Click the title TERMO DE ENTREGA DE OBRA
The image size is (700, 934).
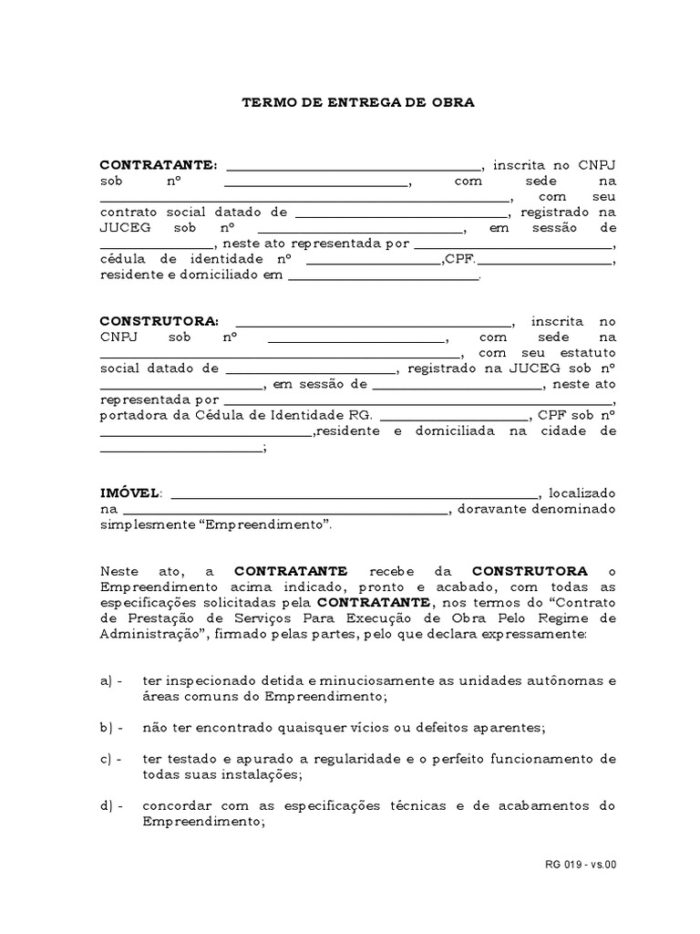(x=357, y=103)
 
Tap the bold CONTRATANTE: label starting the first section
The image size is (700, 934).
(x=158, y=165)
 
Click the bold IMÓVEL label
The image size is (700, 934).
(x=129, y=493)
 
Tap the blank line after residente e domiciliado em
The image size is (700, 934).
(x=383, y=277)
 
